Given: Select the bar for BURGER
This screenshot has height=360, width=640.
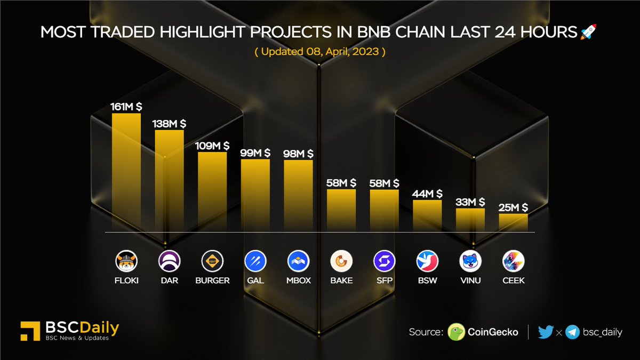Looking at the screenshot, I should point(212,191).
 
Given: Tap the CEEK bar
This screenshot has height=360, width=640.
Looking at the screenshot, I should point(513,222).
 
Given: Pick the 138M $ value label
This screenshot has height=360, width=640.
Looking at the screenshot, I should point(170,123).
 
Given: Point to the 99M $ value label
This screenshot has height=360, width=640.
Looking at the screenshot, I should point(255,154).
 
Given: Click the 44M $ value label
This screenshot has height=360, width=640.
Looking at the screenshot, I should point(427,194).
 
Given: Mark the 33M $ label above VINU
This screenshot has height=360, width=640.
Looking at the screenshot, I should point(470,202).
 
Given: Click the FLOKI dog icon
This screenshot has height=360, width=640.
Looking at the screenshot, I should point(126,261).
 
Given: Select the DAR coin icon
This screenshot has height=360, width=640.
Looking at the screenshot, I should point(170,261).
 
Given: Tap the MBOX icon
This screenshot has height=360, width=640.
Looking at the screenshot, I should point(298,261).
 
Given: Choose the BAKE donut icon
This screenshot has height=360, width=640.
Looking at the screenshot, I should point(341,261).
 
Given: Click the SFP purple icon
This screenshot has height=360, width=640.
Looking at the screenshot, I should point(385,261).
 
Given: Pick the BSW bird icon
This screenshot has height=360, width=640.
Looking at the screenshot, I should point(427,261).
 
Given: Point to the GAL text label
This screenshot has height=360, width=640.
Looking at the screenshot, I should point(255,280).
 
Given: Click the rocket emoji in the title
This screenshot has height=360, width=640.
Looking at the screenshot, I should point(589,33).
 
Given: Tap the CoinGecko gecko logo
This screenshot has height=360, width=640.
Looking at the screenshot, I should point(456,332).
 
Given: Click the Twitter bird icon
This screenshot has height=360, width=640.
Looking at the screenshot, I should point(546,332).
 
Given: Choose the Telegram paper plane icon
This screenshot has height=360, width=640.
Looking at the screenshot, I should point(573,332).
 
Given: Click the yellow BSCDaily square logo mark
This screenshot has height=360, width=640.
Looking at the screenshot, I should point(28,331).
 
